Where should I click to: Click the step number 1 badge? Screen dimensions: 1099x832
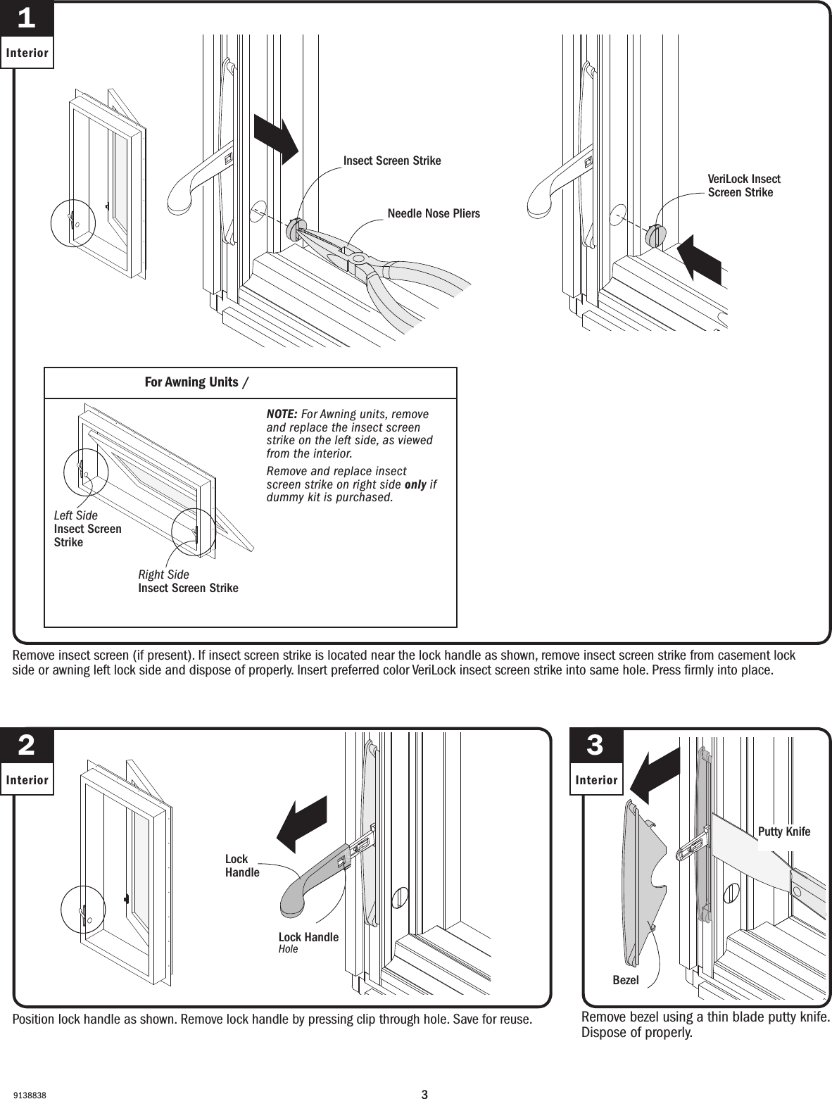pos(27,20)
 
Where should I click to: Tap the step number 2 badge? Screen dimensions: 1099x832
pos(27,746)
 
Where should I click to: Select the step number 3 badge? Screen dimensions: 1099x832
pos(595,746)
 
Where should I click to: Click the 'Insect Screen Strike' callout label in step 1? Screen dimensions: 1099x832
pos(392,161)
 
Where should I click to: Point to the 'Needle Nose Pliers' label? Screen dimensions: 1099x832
pos(434,213)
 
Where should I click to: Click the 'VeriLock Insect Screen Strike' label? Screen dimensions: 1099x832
pos(743,186)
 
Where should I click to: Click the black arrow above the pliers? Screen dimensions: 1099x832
pos(276,139)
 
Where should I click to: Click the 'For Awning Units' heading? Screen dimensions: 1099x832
pos(191,382)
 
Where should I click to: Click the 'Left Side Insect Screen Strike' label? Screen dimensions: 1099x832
pos(87,529)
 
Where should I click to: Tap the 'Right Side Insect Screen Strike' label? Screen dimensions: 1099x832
pos(188,582)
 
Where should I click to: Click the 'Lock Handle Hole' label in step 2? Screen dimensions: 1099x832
pos(308,943)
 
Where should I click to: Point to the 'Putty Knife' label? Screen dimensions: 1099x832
pos(783,832)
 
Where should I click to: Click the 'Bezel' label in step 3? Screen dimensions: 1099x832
pos(625,980)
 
